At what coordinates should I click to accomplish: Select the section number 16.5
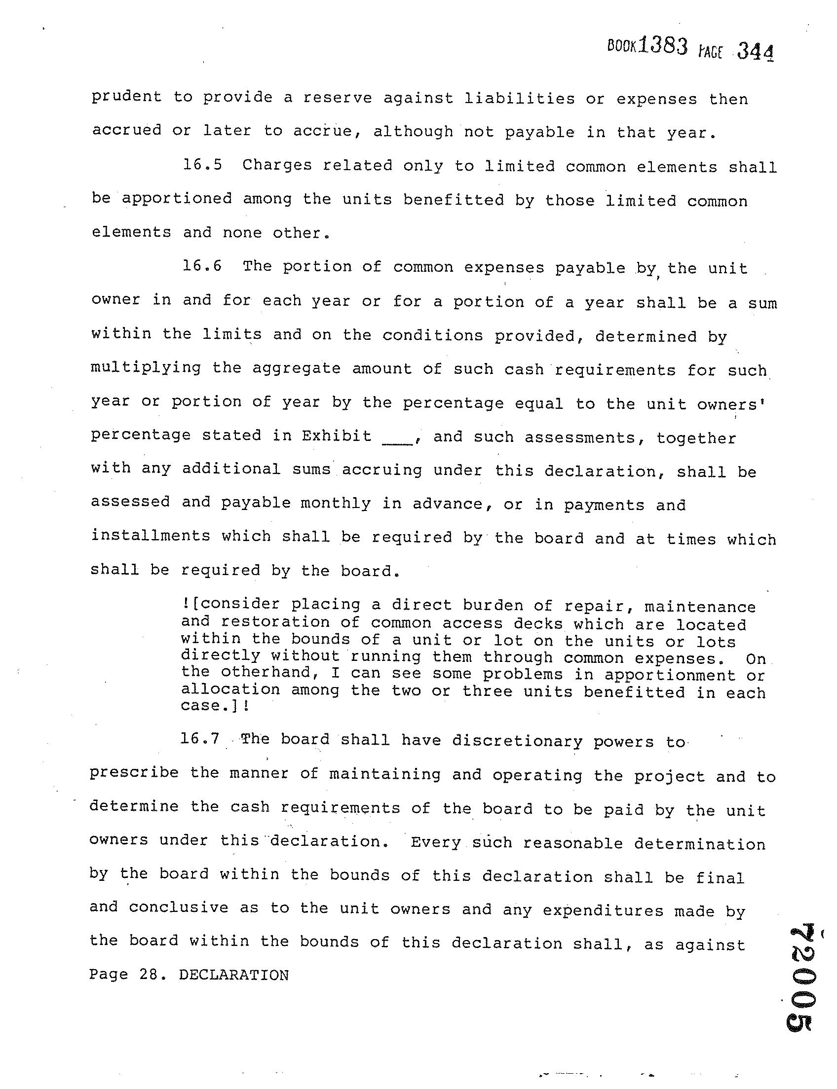tap(202, 164)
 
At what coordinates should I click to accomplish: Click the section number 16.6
tap(202, 266)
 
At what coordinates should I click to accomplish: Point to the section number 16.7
tap(200, 738)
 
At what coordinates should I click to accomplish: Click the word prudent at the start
tap(126, 97)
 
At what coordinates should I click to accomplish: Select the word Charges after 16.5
tap(277, 165)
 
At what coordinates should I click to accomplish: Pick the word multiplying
tap(146, 368)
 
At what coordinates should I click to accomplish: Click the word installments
tap(151, 536)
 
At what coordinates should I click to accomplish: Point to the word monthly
tap(336, 503)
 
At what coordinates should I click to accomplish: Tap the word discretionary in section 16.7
tap(517, 741)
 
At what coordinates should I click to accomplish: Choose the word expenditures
tap(603, 910)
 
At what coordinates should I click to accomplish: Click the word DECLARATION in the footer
tap(233, 975)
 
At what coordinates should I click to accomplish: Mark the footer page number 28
tap(148, 975)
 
